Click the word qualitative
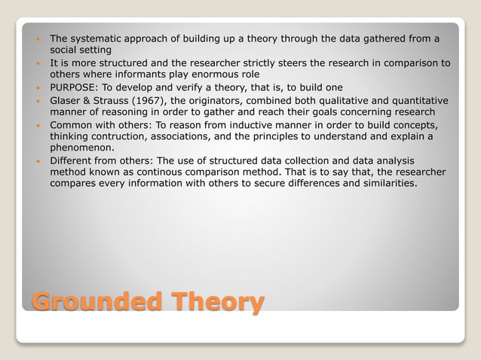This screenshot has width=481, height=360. tap(332, 100)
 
